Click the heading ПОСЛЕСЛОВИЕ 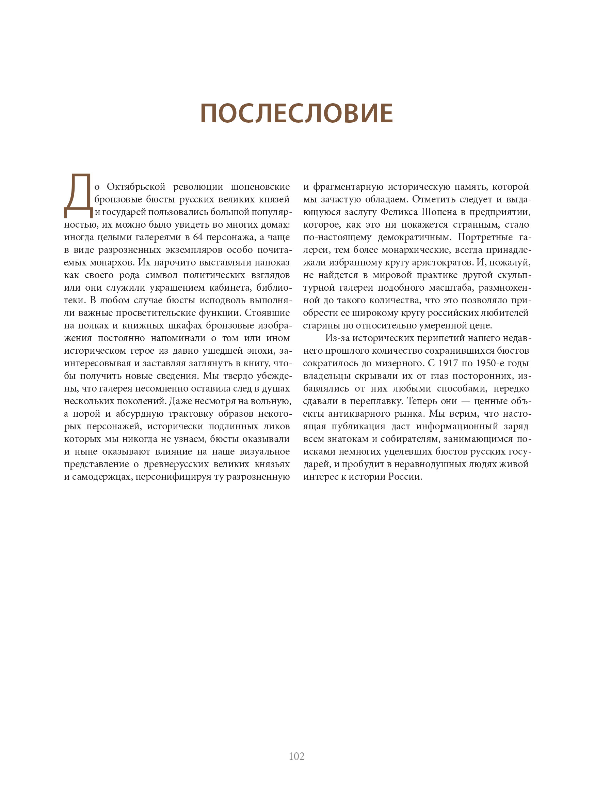coord(296,113)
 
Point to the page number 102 coord(296,756)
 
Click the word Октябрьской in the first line coord(136,187)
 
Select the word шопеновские coord(260,187)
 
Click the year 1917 coord(447,363)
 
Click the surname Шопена coord(439,212)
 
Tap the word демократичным coord(415,237)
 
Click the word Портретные coord(485,237)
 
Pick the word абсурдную coord(140,414)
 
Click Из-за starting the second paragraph coord(337,338)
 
